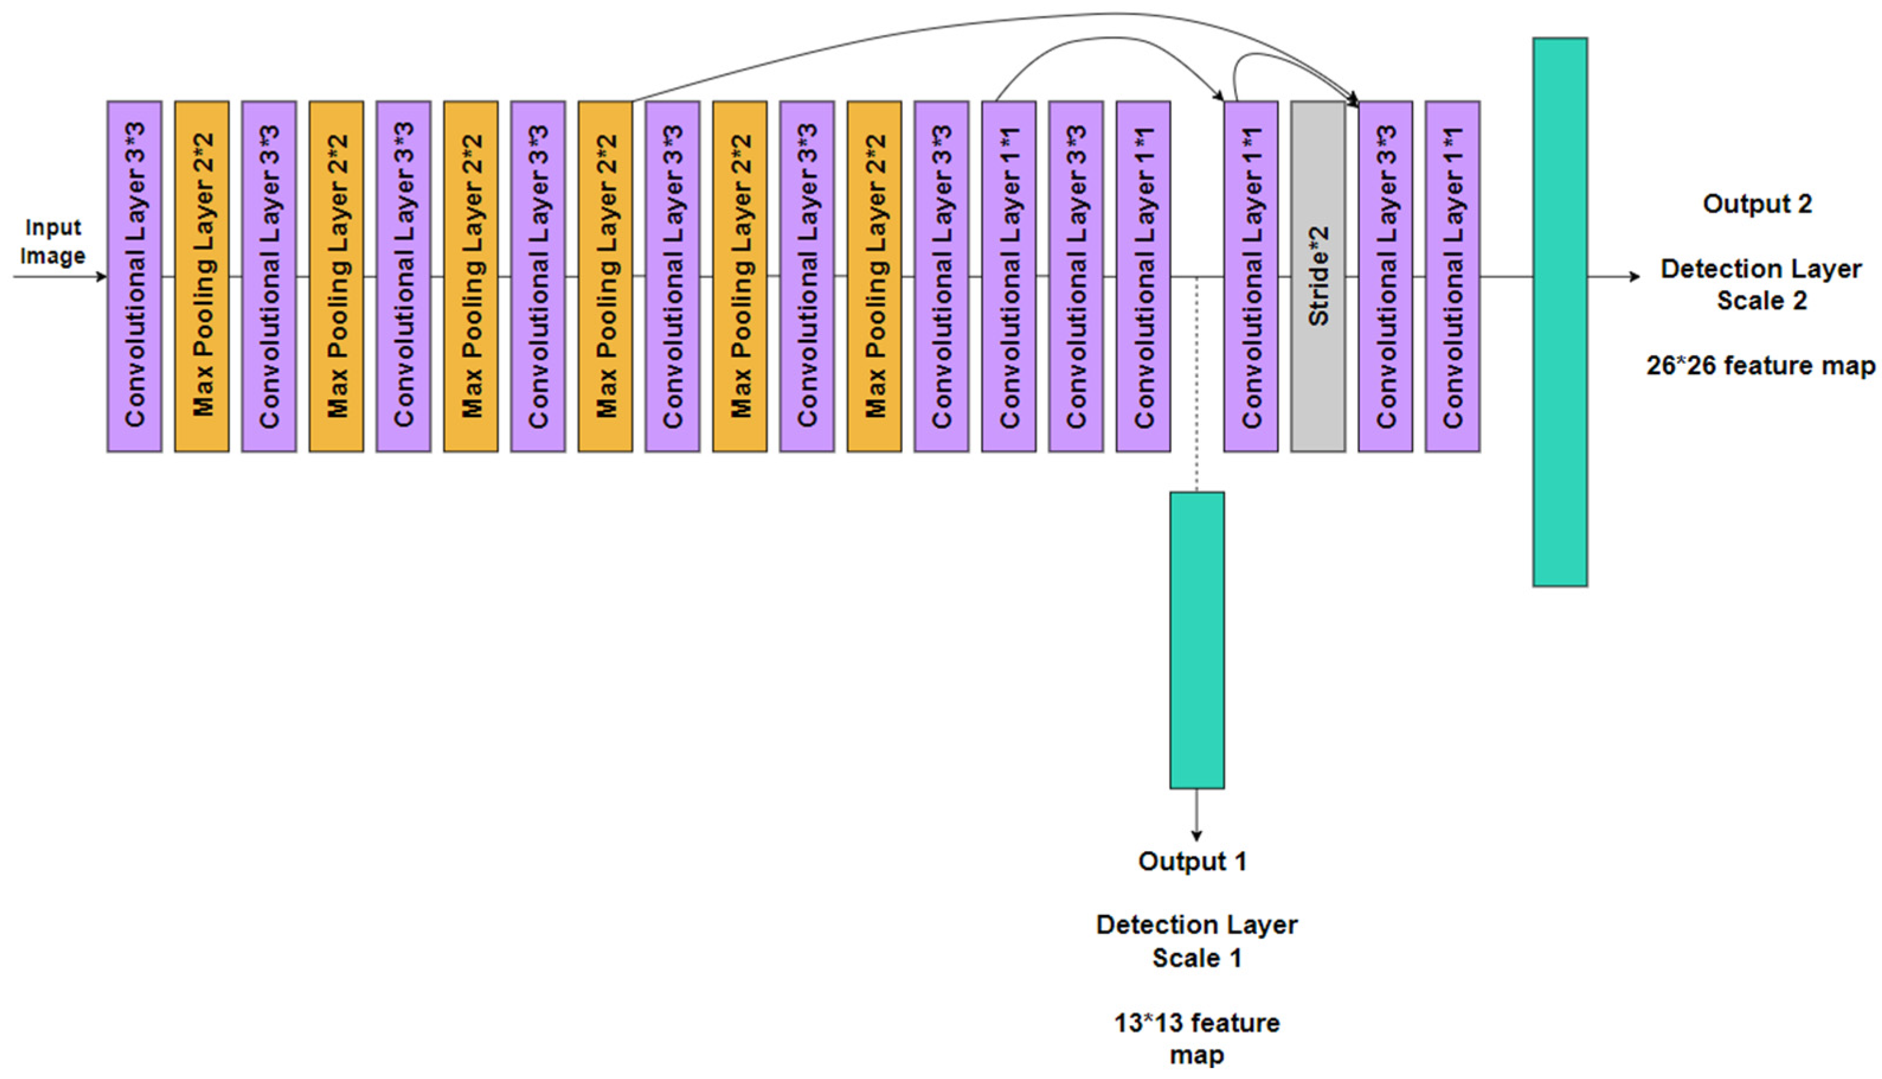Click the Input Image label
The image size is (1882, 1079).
(52, 241)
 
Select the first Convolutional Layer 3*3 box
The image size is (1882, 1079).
(134, 277)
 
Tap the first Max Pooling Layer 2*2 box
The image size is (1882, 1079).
(201, 277)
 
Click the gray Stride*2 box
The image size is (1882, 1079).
(1318, 277)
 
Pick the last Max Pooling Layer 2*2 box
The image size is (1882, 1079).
(874, 277)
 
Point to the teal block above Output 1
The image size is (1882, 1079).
(1196, 640)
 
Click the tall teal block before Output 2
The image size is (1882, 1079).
(1560, 312)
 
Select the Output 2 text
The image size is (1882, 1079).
(1757, 204)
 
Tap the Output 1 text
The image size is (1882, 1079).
(1192, 861)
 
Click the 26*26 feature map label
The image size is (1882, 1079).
(1761, 365)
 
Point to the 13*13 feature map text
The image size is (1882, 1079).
(1196, 1038)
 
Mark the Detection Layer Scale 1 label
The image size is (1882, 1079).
(1196, 941)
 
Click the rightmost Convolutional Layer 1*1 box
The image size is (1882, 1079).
(1452, 277)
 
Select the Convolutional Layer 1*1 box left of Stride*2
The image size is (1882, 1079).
(1250, 277)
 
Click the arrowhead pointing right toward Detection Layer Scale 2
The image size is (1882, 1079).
(1635, 277)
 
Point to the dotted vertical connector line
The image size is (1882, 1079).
(1196, 386)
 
